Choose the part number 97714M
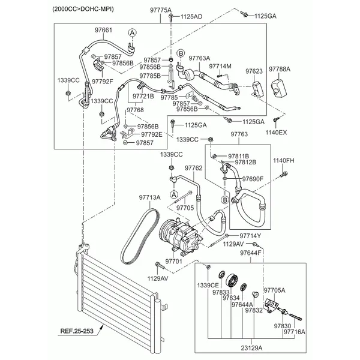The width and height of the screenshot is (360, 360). pyautogui.click(x=220, y=66)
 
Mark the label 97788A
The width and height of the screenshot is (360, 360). pyautogui.click(x=279, y=69)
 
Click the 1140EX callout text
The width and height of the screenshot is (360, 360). pyautogui.click(x=277, y=131)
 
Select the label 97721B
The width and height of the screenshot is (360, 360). pyautogui.click(x=143, y=96)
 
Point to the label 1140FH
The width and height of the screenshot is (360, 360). pyautogui.click(x=284, y=161)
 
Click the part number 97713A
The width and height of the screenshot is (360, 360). pyautogui.click(x=150, y=197)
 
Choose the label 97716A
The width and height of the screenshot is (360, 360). pyautogui.click(x=295, y=331)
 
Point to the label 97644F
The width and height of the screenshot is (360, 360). pyautogui.click(x=251, y=254)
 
